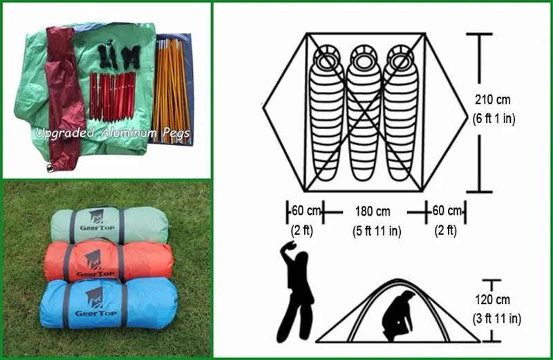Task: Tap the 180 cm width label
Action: point(373,211)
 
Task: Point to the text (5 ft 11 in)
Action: point(374,231)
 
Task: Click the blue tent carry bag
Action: point(107,304)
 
